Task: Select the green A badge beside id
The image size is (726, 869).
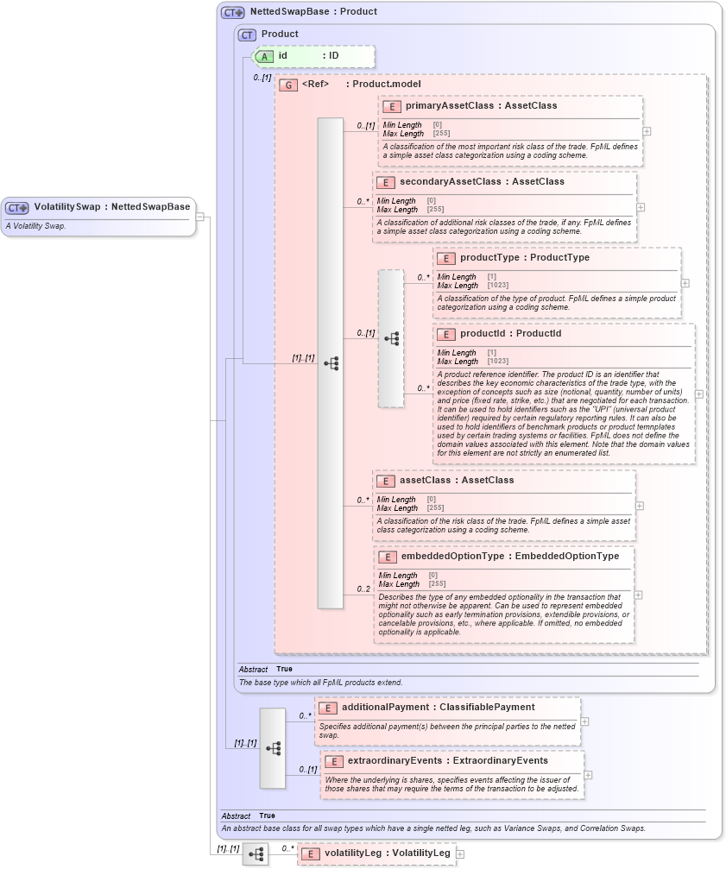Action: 265,56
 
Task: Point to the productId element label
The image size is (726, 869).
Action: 486,334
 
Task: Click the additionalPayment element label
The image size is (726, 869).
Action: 390,708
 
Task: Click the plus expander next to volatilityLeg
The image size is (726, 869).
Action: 460,853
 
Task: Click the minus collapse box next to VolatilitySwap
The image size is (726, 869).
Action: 200,217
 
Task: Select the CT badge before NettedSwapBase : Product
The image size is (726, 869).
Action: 233,13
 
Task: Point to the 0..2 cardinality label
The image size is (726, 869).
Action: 364,589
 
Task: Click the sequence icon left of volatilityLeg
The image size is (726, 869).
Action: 256,854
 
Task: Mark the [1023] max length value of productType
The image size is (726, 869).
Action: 497,286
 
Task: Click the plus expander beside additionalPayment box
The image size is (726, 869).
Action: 585,721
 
